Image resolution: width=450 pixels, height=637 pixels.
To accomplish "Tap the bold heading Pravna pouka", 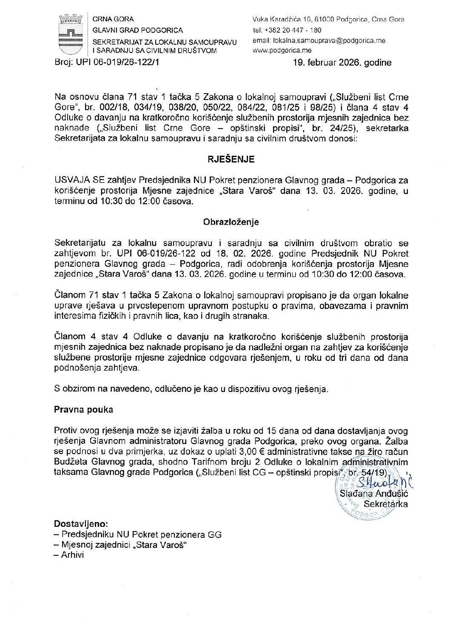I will tap(83, 410).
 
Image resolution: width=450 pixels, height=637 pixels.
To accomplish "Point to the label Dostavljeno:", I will tap(81, 524).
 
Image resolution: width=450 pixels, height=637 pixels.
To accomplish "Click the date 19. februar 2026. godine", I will tap(342, 63).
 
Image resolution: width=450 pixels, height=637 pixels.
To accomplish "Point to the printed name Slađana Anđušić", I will tap(374, 494).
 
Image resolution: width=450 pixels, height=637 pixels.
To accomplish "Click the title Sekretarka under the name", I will tap(385, 504).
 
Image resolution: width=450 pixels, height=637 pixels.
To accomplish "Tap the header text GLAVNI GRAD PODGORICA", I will tap(138, 30).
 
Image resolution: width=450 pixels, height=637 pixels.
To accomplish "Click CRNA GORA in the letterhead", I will tap(113, 19).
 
